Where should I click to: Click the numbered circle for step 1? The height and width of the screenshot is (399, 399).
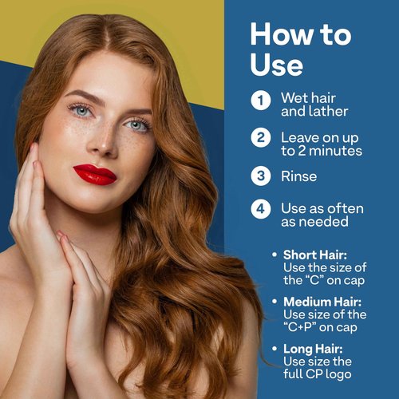pos(261,101)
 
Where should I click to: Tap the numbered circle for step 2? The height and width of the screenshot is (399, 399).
pos(261,137)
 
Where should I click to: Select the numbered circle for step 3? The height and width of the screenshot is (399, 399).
pos(261,176)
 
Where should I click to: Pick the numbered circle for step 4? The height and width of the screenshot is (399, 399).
pos(261,209)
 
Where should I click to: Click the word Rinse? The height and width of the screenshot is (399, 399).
pos(299,176)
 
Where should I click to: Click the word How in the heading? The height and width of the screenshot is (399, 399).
pos(282,34)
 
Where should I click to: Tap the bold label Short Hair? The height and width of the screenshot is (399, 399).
pos(315,255)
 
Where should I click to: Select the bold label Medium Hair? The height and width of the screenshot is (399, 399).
pos(322,302)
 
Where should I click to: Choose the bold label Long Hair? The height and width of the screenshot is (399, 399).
pos(313,349)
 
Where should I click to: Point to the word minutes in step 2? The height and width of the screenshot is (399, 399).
pos(335,151)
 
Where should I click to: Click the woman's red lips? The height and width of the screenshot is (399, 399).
pos(95,175)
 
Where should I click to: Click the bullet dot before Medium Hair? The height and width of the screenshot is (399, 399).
pos(275,302)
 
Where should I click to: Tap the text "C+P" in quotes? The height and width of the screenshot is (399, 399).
pos(301,327)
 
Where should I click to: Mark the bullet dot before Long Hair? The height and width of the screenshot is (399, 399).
pos(275,348)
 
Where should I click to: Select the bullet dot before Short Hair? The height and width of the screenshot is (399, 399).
pos(275,255)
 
